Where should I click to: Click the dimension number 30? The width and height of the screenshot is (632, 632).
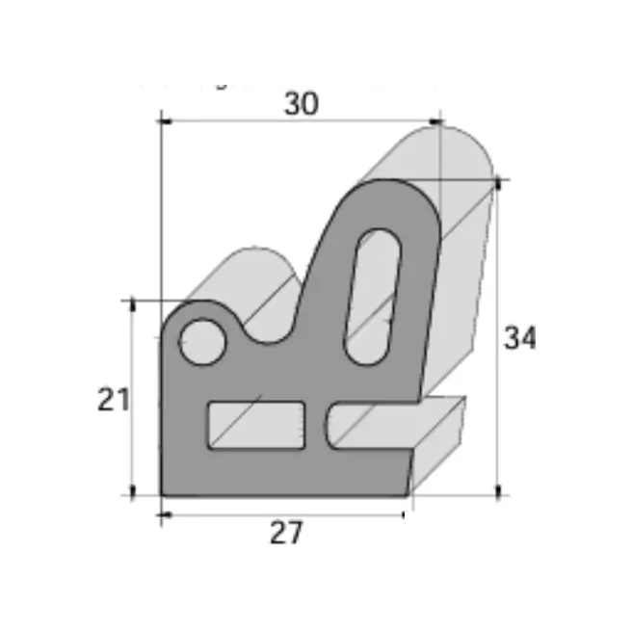[302, 104]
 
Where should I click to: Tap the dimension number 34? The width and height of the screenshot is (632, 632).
[520, 338]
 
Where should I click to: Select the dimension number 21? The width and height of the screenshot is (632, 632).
[114, 400]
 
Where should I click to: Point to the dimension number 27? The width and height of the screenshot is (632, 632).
[286, 533]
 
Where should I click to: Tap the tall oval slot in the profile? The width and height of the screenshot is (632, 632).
[373, 298]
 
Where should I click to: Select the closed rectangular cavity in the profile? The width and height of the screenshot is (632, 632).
[256, 425]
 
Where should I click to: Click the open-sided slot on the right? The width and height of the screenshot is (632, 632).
[371, 425]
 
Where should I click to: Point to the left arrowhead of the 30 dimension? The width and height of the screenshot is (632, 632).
[166, 121]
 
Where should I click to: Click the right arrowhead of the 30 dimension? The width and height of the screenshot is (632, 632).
[435, 121]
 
